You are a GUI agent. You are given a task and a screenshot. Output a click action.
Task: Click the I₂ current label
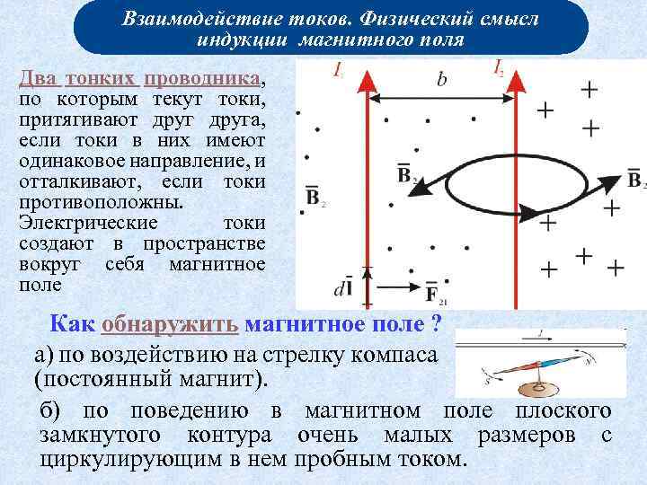point(499,67)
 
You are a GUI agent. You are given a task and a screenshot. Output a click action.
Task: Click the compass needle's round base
point(540,389)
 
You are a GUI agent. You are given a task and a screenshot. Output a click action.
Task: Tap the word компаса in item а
point(395,354)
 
